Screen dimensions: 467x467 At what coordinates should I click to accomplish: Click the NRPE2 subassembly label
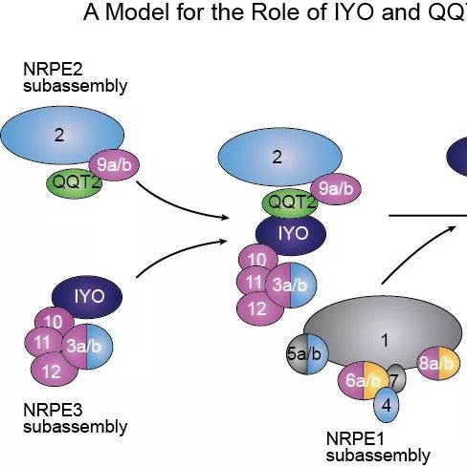click(76, 77)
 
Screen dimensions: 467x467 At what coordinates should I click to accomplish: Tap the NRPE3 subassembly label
click(76, 418)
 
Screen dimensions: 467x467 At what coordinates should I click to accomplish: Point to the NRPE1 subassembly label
click(378, 447)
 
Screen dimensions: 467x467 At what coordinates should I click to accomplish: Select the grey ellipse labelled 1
click(383, 332)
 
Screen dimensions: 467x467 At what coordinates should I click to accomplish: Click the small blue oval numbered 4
click(387, 405)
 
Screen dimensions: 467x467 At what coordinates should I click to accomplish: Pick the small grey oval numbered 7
click(396, 379)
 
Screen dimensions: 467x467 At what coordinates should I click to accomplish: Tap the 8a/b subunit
click(438, 363)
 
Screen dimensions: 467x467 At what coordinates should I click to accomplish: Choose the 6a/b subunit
click(363, 380)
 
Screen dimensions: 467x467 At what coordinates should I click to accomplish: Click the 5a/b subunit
click(307, 354)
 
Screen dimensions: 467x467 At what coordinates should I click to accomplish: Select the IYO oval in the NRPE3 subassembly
click(87, 297)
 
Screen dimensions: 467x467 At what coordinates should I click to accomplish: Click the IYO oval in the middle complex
click(291, 235)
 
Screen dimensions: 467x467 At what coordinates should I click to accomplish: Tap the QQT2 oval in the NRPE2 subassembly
click(75, 183)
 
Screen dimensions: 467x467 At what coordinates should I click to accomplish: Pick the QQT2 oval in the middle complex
click(289, 203)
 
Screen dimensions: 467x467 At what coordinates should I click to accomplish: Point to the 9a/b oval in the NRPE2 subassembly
click(114, 165)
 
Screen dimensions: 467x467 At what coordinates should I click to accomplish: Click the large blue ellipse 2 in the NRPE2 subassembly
click(62, 136)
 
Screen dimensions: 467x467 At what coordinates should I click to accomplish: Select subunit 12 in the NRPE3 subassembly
click(55, 371)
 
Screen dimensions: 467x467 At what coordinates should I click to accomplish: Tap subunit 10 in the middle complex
click(258, 260)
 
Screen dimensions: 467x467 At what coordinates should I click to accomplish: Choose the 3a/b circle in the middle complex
click(291, 285)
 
